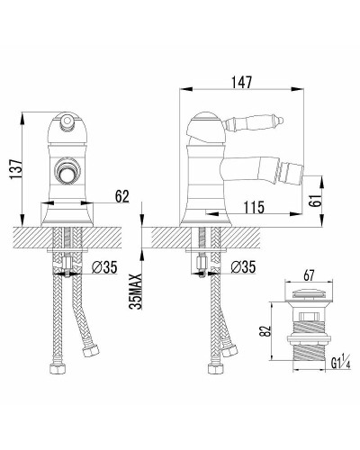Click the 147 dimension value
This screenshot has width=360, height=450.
point(241,83)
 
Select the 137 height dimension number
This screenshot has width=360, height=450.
point(16,168)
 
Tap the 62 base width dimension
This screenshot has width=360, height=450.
point(121,196)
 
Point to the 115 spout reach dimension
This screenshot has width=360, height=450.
point(254,207)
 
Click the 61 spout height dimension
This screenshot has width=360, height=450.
point(315,199)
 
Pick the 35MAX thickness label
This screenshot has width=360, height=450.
point(136,292)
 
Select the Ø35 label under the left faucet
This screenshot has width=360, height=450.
point(104,267)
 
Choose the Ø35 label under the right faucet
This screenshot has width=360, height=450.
point(243,266)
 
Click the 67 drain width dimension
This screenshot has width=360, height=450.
point(309,275)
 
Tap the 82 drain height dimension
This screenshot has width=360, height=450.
point(265,330)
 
